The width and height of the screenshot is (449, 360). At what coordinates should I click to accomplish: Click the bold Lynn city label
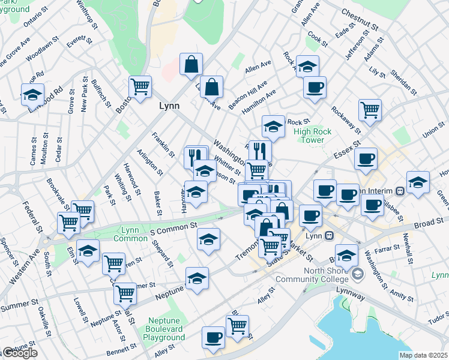(169, 106)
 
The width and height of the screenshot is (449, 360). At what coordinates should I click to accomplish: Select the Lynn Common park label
(130, 235)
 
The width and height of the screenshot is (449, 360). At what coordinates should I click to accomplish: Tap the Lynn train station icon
(329, 236)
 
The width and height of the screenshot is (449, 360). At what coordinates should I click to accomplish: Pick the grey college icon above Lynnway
(358, 274)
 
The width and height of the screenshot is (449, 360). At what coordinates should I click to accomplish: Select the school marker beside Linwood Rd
(32, 94)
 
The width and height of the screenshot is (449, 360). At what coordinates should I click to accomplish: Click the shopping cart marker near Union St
(370, 109)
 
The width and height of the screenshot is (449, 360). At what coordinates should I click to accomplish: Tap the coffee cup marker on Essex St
(366, 159)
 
